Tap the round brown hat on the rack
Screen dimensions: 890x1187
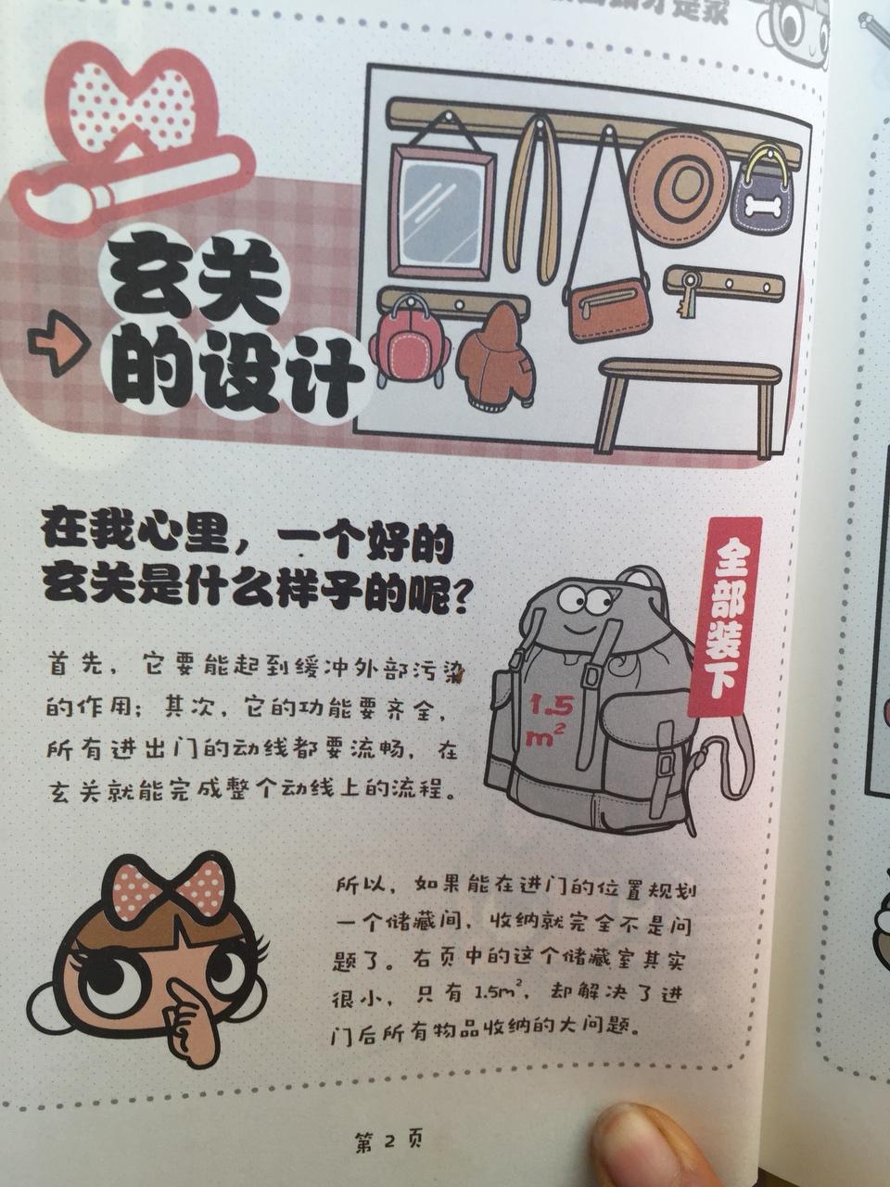pyautogui.click(x=683, y=184)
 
